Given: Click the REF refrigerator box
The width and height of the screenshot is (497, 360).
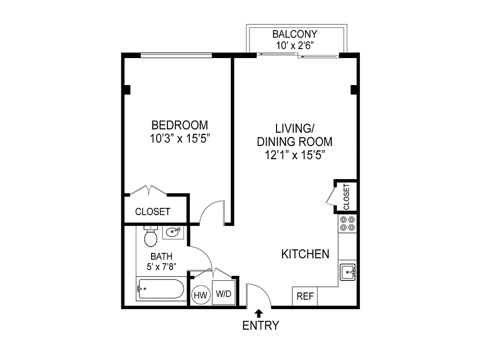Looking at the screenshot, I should click(x=305, y=297).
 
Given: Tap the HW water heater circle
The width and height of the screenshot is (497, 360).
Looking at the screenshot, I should click(x=200, y=295).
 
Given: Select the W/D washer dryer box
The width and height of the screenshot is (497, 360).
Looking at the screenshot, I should click(x=224, y=294).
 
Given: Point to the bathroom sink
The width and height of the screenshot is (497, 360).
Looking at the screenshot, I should click(x=173, y=232).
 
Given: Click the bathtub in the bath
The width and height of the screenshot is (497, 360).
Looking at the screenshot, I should click(x=161, y=289).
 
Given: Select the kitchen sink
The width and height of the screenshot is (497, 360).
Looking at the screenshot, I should click(x=348, y=272).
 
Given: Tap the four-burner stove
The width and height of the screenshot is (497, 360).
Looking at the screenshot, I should click(x=347, y=224).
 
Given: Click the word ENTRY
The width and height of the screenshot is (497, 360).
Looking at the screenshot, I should click(x=261, y=325).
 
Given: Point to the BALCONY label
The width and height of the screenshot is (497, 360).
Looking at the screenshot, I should click(x=295, y=34).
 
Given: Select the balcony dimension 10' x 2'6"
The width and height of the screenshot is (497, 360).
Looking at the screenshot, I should click(x=295, y=45).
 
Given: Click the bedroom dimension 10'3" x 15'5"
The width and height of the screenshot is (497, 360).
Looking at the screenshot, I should click(x=180, y=139).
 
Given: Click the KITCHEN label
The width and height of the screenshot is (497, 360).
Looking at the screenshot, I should click(x=305, y=254).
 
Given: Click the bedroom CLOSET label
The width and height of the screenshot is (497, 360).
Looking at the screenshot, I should click(x=153, y=211).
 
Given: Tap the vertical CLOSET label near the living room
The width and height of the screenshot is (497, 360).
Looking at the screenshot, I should click(x=346, y=197).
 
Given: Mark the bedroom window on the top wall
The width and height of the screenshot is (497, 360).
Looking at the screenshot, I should click(x=176, y=55).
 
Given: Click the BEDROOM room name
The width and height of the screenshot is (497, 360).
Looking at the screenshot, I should click(x=180, y=125).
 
